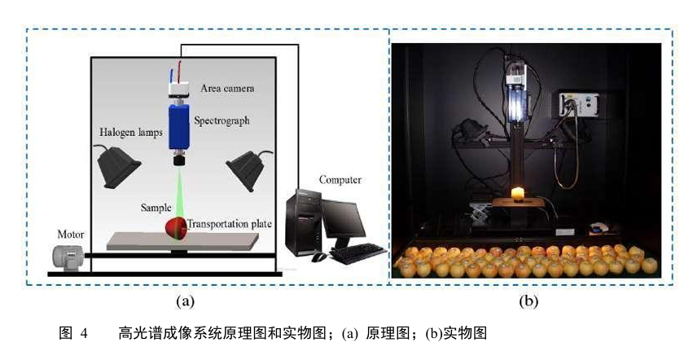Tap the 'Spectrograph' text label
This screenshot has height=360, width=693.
(x=221, y=121)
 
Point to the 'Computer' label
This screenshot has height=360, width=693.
(x=340, y=179)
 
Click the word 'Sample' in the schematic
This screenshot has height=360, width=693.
(x=156, y=209)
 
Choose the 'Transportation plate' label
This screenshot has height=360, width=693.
(x=227, y=223)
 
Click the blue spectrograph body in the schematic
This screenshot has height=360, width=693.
(x=179, y=127)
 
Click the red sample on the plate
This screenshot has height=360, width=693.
(x=176, y=227)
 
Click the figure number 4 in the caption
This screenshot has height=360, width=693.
(x=83, y=334)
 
